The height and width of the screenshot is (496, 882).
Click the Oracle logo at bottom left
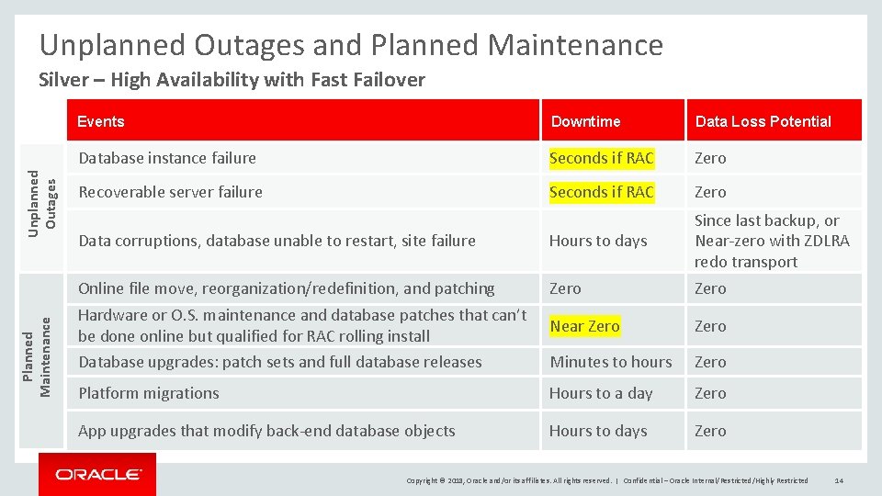(x=97, y=474)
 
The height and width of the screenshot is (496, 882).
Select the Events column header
(x=101, y=121)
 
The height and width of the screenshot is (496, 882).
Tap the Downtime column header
(x=585, y=121)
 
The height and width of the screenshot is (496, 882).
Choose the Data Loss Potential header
(x=763, y=121)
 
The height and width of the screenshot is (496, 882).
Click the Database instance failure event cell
(x=167, y=158)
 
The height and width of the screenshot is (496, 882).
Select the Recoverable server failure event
(x=170, y=192)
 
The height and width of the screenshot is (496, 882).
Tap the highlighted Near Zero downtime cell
(x=584, y=326)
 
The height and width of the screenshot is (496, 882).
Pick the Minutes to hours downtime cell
(x=611, y=362)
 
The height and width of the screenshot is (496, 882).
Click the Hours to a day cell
(x=601, y=393)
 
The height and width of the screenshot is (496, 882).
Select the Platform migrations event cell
(x=149, y=393)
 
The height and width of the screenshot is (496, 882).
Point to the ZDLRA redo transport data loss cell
(x=772, y=241)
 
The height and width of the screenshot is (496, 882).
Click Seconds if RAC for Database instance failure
(x=602, y=158)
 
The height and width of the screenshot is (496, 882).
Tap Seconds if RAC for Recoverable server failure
(x=602, y=192)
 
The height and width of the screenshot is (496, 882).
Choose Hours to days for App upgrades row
(x=598, y=431)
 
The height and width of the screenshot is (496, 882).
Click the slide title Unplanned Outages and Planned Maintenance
(x=351, y=45)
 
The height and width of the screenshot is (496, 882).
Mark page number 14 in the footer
(x=840, y=480)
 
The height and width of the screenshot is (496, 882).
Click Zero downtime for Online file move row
(x=565, y=288)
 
